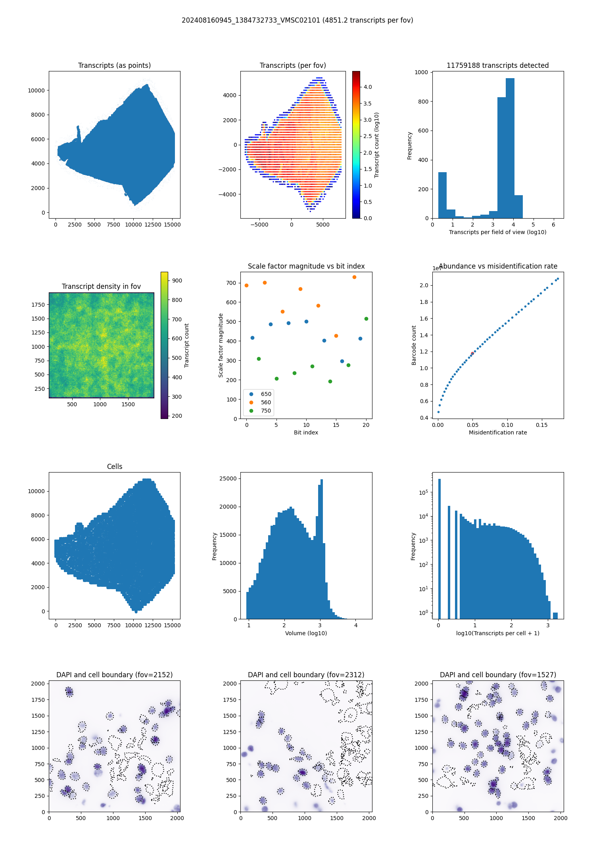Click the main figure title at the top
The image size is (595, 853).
297,20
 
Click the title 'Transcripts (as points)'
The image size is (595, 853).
114,65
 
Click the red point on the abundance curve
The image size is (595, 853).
472,353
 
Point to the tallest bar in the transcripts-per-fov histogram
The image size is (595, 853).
510,148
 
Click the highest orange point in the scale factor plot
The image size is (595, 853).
354,277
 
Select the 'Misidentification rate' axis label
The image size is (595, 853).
498,432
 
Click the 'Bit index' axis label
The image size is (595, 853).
306,432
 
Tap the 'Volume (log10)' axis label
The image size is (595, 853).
306,633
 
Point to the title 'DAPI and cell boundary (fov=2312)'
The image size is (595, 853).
306,675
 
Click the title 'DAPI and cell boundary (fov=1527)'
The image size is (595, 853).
498,675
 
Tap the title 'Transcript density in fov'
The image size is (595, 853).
101,286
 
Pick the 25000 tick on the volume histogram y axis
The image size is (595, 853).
228,478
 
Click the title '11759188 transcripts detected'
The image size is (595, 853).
497,65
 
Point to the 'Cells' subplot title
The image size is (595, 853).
114,467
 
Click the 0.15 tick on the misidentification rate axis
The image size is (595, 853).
541,425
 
